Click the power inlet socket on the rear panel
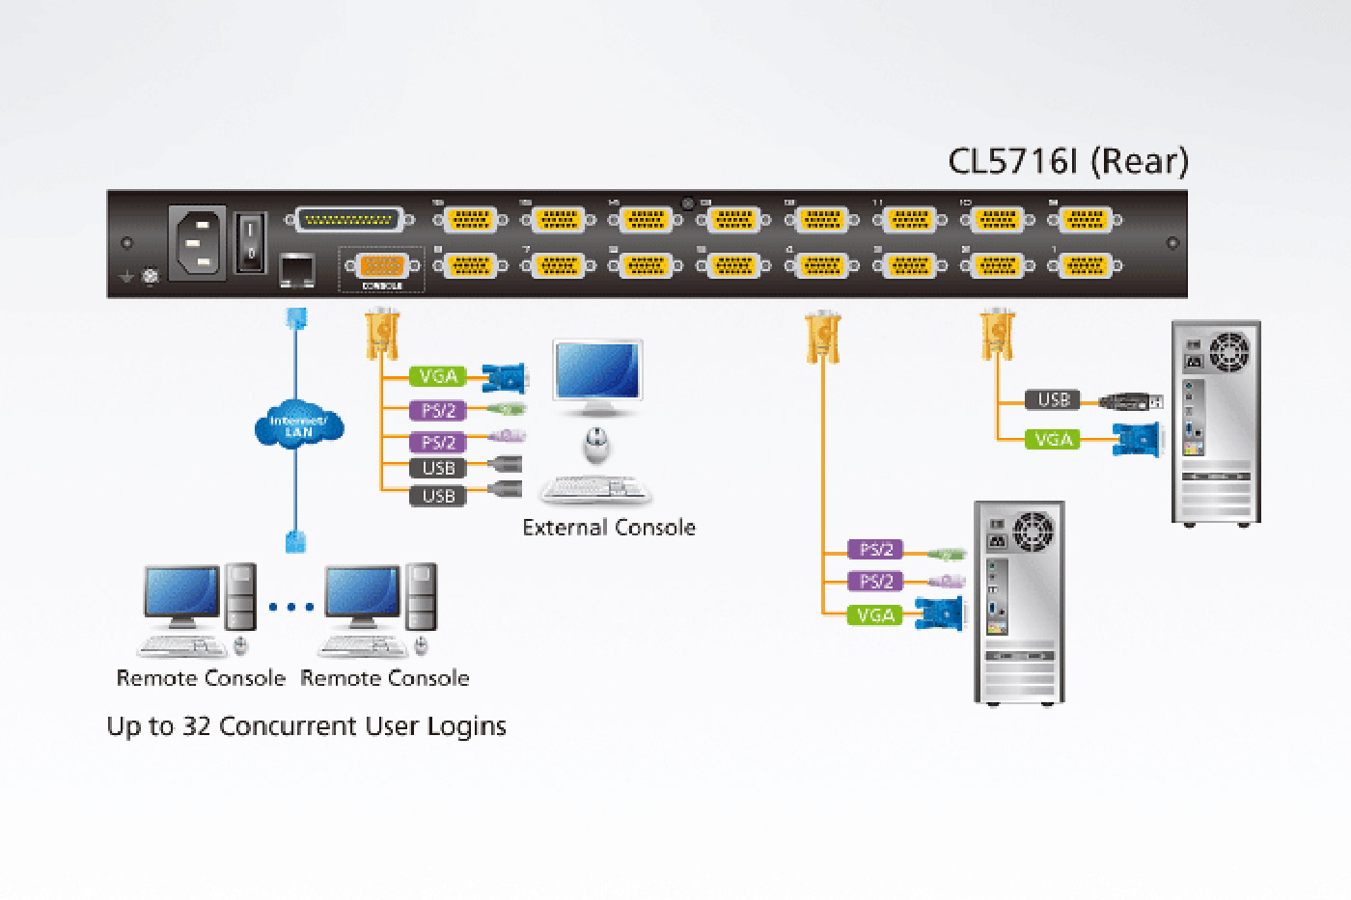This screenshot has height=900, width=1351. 198,242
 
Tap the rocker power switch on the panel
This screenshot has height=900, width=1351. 251,241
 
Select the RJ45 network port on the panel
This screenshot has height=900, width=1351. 296,269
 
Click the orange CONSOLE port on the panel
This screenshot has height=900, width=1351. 382,265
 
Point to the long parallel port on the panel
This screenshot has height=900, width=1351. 348,220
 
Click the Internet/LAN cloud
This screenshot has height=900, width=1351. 298,425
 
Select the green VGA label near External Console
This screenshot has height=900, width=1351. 437,376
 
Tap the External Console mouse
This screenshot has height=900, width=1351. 597,445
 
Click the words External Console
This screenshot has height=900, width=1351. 609,528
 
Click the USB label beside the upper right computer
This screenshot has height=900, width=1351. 1053,399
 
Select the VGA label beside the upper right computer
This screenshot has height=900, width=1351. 1053,440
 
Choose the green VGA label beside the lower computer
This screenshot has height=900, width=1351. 875,614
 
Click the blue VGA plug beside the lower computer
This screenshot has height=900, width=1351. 939,614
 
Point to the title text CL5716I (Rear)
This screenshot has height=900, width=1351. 1068,161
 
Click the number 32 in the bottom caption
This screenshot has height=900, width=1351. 197,725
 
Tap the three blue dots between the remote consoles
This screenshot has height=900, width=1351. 291,607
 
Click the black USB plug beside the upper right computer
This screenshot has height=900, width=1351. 1130,400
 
